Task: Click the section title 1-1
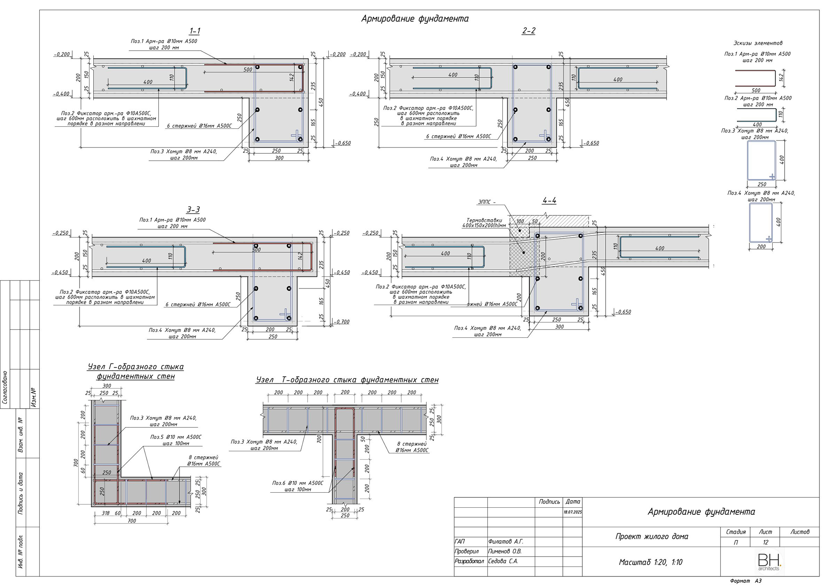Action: click(194, 31)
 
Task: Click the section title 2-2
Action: click(528, 31)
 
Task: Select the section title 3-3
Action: click(193, 210)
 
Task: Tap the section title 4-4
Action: click(549, 201)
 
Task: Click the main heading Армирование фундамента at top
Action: click(415, 19)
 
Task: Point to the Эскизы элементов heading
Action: click(758, 43)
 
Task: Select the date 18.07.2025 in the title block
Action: click(572, 512)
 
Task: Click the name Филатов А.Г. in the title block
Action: click(506, 542)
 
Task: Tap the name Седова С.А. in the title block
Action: click(503, 562)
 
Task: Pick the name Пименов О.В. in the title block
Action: click(505, 552)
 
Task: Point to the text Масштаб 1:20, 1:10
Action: click(650, 562)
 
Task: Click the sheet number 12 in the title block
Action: click(765, 542)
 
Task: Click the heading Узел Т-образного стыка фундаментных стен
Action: click(347, 380)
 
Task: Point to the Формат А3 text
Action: click(746, 581)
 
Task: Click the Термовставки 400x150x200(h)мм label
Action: click(484, 223)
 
